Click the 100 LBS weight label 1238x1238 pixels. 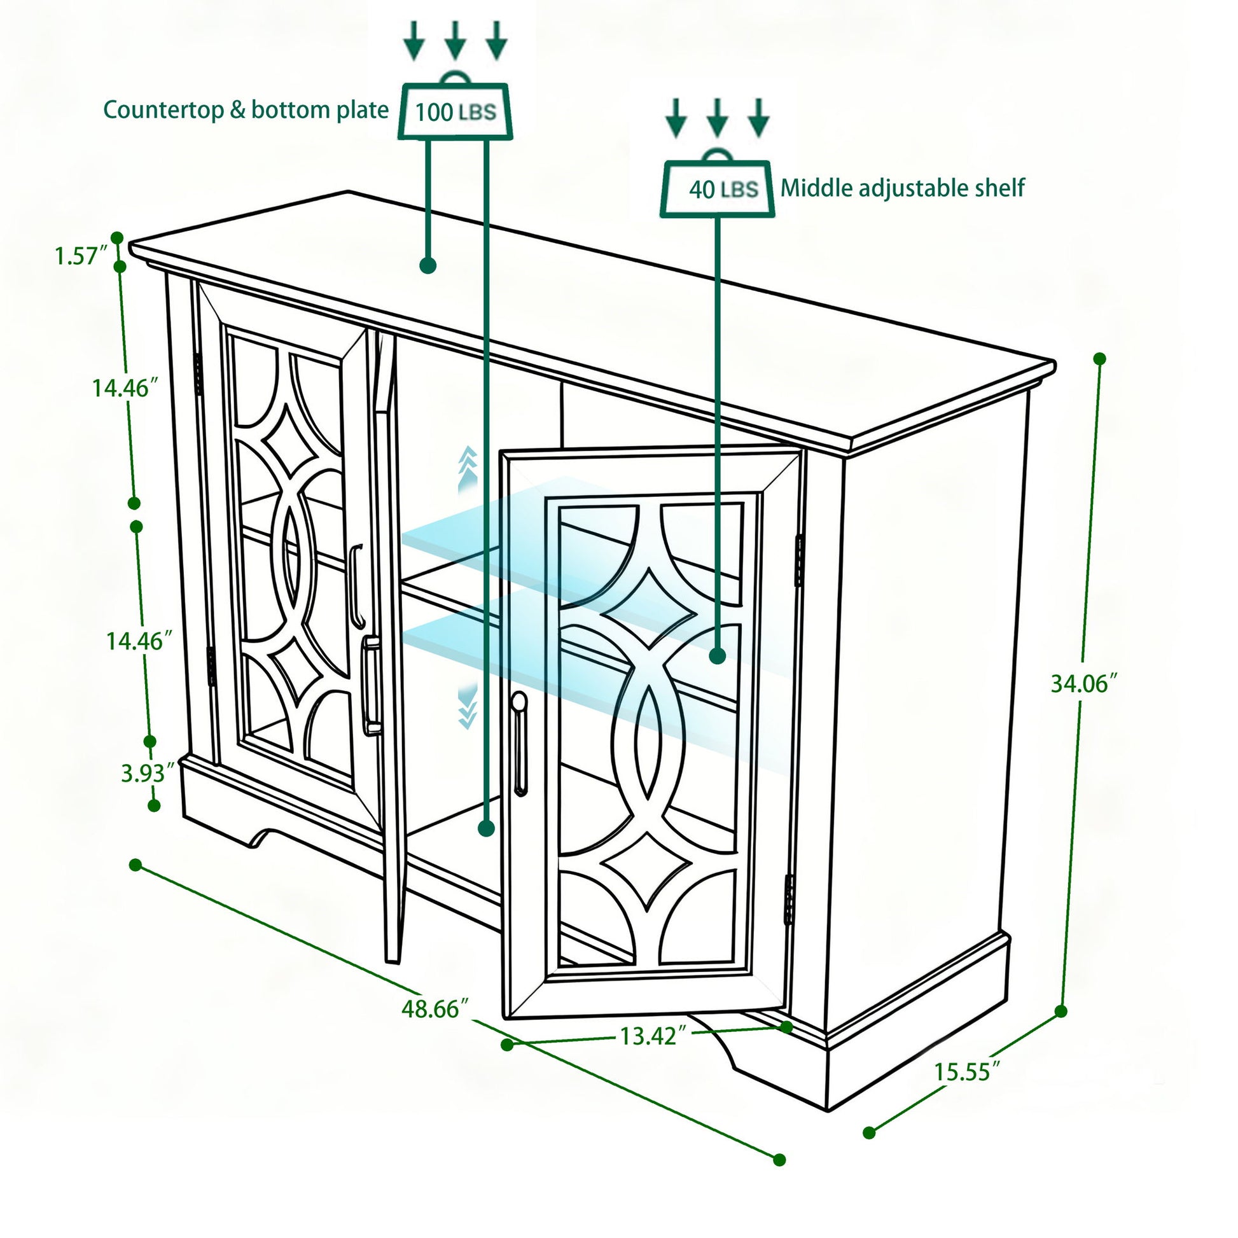point(456,112)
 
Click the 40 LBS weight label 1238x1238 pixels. point(722,189)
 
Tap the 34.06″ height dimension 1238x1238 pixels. point(1083,684)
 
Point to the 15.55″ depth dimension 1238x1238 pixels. point(966,1071)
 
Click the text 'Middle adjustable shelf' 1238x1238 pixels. point(901,188)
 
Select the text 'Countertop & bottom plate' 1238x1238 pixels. point(246,109)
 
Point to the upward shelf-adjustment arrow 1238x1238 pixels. point(468,468)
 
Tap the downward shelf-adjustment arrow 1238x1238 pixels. point(468,706)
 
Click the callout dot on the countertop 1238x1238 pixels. point(428,265)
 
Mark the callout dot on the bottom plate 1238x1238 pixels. point(486,828)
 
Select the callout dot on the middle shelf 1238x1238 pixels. point(718,655)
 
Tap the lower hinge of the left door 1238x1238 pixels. point(211,667)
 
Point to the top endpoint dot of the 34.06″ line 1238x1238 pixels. point(1099,359)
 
